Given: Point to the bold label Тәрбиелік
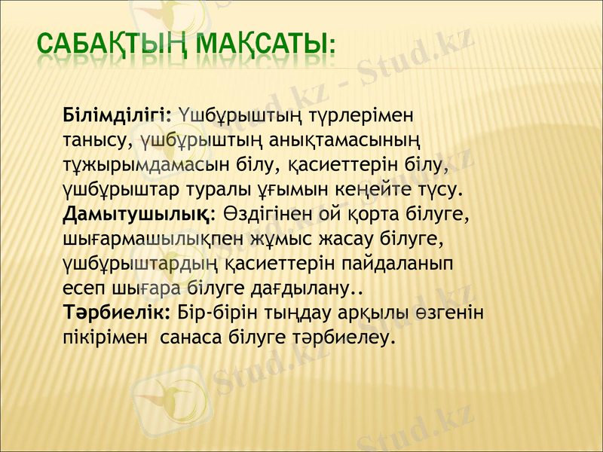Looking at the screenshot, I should click(118, 312).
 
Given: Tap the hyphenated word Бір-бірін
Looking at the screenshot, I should click(223, 312).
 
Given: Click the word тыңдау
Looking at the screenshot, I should click(313, 312).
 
